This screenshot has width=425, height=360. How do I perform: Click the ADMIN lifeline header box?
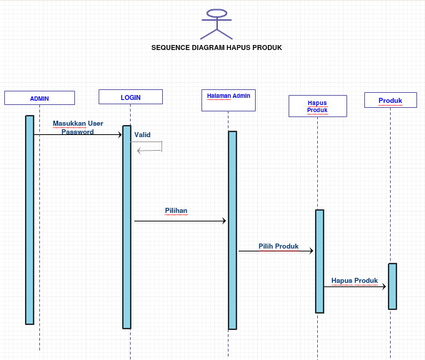(x=39, y=98)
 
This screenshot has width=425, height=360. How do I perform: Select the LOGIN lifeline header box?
(x=131, y=96)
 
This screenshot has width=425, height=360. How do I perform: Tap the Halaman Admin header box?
(x=229, y=100)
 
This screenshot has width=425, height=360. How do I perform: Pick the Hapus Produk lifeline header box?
(x=318, y=106)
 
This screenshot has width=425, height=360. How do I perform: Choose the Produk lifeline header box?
(x=391, y=100)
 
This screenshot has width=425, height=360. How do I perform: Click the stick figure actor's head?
(x=217, y=14)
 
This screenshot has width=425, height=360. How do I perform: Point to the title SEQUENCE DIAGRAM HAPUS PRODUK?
(x=216, y=48)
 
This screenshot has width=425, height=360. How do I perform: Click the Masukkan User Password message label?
(x=78, y=127)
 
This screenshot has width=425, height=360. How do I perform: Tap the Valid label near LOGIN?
(x=142, y=135)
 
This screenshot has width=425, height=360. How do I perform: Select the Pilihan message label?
(x=176, y=211)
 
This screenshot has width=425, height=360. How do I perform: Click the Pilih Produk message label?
(x=279, y=246)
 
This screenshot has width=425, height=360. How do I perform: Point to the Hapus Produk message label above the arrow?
(x=354, y=280)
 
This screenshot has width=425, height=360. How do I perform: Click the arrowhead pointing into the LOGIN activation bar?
(x=120, y=135)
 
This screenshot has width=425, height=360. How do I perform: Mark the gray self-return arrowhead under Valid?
(x=139, y=151)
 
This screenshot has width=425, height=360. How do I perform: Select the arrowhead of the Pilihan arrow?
(x=224, y=221)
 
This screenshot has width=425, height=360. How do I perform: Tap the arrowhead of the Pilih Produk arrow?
(x=311, y=251)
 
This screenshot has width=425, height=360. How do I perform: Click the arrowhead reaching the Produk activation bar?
(x=384, y=286)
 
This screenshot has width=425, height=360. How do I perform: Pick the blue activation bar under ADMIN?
(x=30, y=220)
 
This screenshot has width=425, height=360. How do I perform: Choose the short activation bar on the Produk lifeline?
(x=392, y=286)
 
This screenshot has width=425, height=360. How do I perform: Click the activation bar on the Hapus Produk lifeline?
(x=319, y=261)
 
